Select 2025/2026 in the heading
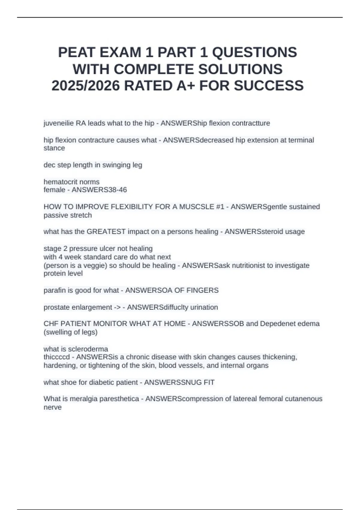(x=85, y=86)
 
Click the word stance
(x=54, y=148)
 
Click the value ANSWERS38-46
(x=99, y=190)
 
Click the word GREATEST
(x=106, y=232)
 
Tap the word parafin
(x=54, y=290)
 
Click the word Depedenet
(x=277, y=324)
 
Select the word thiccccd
(x=56, y=357)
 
